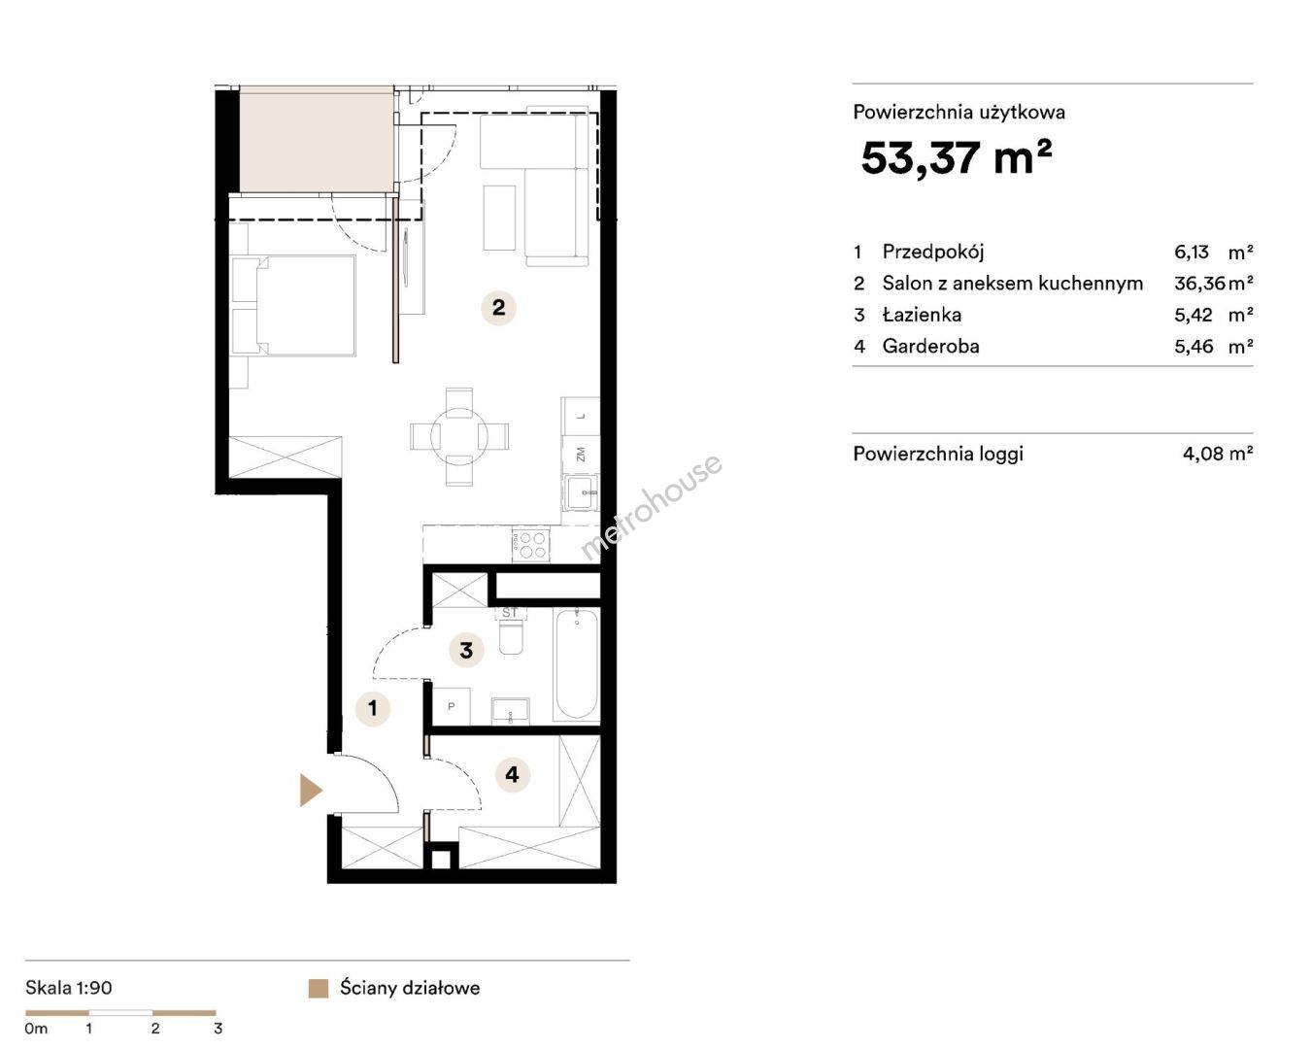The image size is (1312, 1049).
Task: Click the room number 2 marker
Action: pyautogui.click(x=498, y=307)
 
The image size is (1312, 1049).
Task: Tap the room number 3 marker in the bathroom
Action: pyautogui.click(x=466, y=650)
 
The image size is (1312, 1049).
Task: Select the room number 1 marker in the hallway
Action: pyautogui.click(x=373, y=708)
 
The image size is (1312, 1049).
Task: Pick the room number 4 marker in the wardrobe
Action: pyautogui.click(x=512, y=774)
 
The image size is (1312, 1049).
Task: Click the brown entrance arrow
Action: pyautogui.click(x=311, y=791)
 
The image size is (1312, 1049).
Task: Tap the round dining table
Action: pyautogui.click(x=459, y=436)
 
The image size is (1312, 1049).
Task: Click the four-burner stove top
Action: pyautogui.click(x=531, y=545)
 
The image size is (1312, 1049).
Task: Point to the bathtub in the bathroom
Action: pyautogui.click(x=577, y=664)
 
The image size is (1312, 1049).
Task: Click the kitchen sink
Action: pyautogui.click(x=581, y=491)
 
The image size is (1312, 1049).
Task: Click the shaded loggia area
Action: pyautogui.click(x=317, y=140)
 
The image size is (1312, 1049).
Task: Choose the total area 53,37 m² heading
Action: pyautogui.click(x=956, y=156)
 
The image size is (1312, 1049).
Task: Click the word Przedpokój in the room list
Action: pyautogui.click(x=933, y=252)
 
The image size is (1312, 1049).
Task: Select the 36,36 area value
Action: pyautogui.click(x=1199, y=283)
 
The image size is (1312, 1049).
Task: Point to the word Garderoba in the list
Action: pyautogui.click(x=930, y=347)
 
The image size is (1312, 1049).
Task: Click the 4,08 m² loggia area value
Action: pyautogui.click(x=1218, y=454)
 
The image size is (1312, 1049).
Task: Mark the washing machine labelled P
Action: pyautogui.click(x=452, y=706)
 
